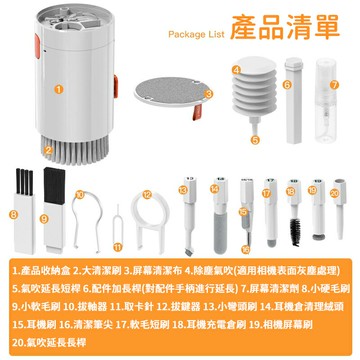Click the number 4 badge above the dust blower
pos(235,69)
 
